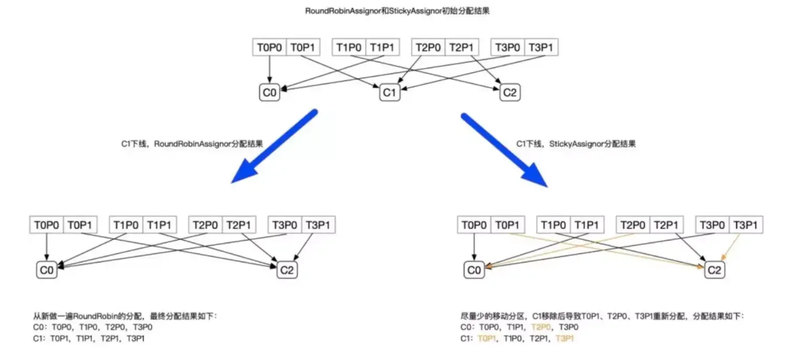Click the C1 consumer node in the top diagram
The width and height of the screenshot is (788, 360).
tap(389, 93)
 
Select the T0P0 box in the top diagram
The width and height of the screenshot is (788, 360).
tap(269, 48)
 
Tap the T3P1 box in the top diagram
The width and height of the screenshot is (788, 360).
tap(541, 48)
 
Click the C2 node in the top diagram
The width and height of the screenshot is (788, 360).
tap(510, 93)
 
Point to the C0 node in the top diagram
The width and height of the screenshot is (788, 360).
tap(269, 93)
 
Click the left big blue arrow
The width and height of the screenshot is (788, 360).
tap(274, 147)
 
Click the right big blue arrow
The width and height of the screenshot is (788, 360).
tap(505, 150)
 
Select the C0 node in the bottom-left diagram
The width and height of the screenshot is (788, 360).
tap(47, 270)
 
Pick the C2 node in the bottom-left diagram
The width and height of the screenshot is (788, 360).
tap(287, 270)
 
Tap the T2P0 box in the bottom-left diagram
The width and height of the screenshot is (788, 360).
tap(205, 225)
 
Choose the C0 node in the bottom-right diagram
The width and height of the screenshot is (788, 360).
tap(474, 270)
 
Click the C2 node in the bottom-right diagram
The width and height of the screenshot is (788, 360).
tap(714, 270)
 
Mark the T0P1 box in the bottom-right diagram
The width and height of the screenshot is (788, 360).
tap(508, 225)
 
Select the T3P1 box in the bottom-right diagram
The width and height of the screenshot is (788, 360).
tap(745, 225)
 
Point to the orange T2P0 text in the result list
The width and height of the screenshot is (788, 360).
tap(542, 327)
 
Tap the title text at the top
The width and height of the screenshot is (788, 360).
tap(397, 11)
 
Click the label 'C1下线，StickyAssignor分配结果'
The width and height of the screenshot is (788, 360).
tap(576, 143)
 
